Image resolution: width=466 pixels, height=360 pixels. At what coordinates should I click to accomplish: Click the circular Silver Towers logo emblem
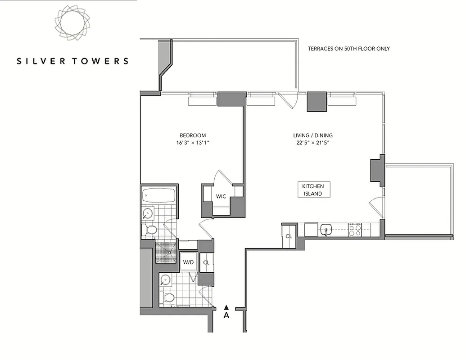72,22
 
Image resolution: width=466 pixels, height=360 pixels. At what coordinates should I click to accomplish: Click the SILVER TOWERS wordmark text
72,61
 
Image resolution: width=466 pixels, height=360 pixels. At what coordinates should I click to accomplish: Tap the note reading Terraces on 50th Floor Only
348,49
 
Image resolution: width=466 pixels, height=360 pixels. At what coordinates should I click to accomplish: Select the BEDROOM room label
193,135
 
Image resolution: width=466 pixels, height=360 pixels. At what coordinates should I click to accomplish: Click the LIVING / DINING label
312,135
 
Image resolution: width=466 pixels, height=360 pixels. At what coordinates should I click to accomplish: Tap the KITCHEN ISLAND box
312,189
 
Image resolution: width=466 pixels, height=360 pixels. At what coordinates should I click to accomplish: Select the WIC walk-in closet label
221,197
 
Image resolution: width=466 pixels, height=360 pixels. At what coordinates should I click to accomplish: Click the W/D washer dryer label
188,262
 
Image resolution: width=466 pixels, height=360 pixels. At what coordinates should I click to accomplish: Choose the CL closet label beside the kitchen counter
289,236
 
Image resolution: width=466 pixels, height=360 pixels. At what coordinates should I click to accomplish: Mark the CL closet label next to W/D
206,262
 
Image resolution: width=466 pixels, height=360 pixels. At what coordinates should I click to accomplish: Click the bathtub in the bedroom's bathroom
158,196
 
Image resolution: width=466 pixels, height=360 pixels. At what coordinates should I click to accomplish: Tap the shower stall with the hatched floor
166,252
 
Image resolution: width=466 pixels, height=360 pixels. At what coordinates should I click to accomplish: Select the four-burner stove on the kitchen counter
355,230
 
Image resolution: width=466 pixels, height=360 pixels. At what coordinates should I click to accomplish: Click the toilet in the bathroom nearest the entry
168,297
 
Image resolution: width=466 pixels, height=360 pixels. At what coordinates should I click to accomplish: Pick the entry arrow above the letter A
226,307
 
